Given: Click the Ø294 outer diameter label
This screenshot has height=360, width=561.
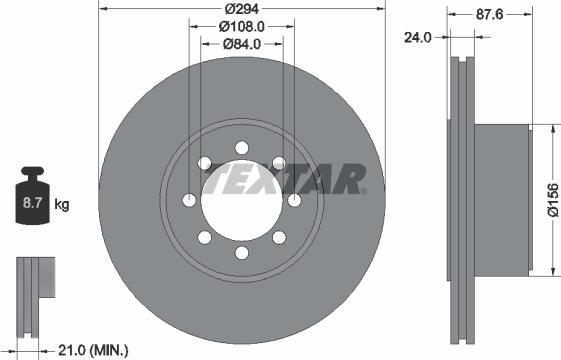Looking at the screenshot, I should point(241,9).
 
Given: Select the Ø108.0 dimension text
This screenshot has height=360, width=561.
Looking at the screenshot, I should point(241,26).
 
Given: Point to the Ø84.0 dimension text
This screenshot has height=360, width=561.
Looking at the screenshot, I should point(241,43).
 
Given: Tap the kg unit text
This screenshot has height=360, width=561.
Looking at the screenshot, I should point(63,206).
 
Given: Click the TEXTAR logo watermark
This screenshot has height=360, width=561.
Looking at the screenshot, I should point(285,181).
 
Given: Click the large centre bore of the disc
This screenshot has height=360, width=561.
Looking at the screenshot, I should point(241,200).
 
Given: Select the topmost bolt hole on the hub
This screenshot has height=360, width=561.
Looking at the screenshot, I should point(242,148).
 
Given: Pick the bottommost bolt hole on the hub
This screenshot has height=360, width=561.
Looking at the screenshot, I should point(242,253).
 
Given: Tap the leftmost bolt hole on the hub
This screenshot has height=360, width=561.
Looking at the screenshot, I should point(189,201).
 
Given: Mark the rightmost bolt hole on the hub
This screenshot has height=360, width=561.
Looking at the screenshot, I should point(294,201).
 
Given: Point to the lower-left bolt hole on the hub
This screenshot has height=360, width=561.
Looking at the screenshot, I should point(204,238).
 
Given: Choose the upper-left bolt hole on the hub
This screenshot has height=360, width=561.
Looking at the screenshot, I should point(204,163).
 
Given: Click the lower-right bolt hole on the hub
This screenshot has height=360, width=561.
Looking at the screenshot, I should point(279,238).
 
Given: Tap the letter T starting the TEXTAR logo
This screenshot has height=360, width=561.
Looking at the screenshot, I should point(215,181).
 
